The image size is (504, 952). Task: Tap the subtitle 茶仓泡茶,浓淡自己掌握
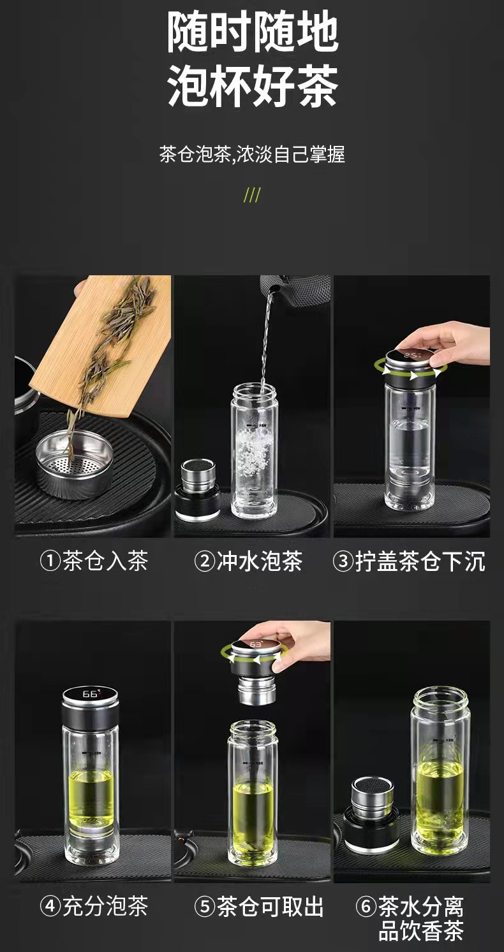(x=252, y=155)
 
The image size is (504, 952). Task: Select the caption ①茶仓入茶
(x=94, y=561)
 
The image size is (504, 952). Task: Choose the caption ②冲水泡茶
(x=248, y=561)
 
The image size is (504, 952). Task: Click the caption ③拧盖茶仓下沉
(x=409, y=561)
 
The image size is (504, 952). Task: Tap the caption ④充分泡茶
(x=94, y=905)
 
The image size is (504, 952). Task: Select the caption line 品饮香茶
(x=420, y=931)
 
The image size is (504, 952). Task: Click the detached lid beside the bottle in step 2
(x=198, y=487)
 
